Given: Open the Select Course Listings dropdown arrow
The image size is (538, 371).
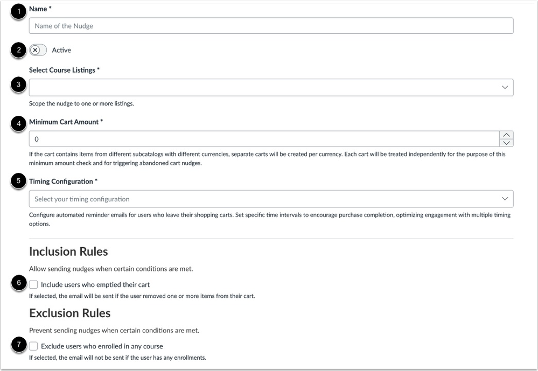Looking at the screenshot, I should tap(505, 87).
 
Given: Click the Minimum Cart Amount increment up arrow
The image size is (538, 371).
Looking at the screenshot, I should tap(506, 135).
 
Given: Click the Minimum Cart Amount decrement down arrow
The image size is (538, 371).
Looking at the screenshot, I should tap(506, 143).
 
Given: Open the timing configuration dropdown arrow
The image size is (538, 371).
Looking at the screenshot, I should tap(505, 199).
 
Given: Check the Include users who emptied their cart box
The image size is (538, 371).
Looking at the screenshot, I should tap(34, 284).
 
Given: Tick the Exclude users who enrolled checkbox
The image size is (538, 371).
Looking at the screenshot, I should tap(34, 346).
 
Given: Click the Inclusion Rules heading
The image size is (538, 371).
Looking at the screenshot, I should tap(68, 251).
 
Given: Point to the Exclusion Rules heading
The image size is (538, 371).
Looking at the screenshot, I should tap(69, 313).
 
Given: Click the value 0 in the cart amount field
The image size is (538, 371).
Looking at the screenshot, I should tap(37, 139).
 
